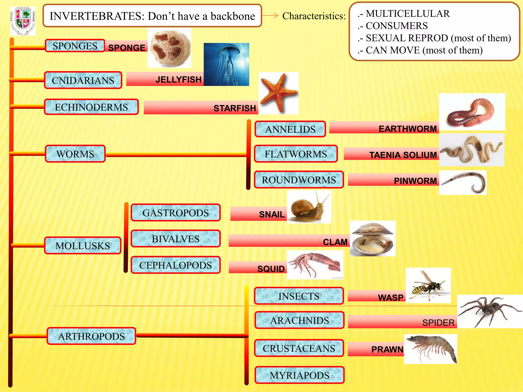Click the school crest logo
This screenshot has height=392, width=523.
[23, 21]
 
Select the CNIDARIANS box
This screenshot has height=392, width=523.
[83, 80]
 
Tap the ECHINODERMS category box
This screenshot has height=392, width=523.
[91, 107]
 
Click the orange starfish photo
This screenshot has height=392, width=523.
[278, 93]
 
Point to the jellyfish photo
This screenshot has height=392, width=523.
[226, 64]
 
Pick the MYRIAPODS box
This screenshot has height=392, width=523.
[299, 375]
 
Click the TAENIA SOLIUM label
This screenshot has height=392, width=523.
[403, 155]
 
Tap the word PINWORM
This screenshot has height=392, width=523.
[415, 181]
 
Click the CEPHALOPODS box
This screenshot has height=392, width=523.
[175, 265]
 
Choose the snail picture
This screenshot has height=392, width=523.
[309, 207]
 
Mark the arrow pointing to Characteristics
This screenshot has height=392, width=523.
[270, 16]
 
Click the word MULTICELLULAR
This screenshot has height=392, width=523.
[408, 14]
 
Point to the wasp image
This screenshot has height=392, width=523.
[428, 285]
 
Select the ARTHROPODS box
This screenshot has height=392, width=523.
[91, 336]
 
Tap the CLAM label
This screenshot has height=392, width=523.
[335, 242]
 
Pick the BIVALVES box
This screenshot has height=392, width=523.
[175, 239]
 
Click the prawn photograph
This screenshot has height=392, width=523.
[431, 349]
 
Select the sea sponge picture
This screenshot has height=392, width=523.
[169, 48]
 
